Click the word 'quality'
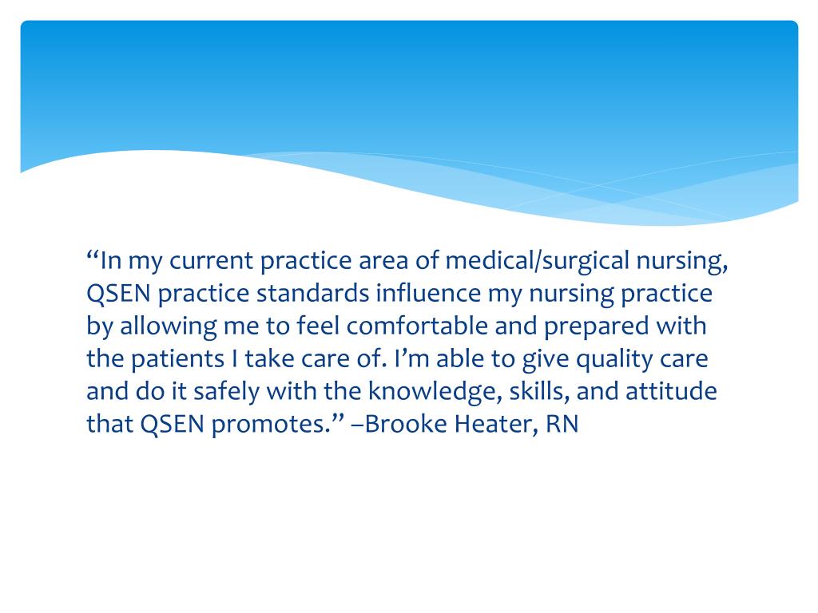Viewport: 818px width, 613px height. coord(613,359)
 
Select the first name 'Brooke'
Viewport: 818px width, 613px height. coord(411,425)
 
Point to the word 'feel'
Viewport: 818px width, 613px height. coord(317,326)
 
